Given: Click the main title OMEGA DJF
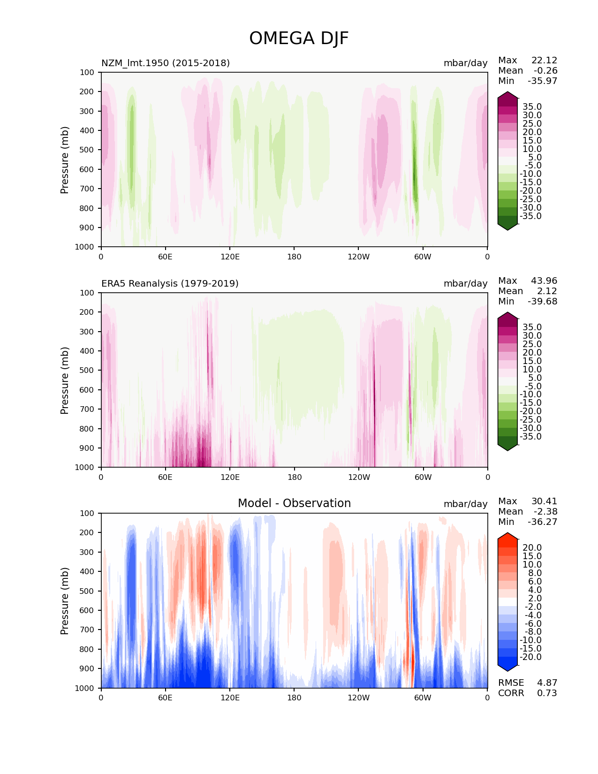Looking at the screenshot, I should coord(299,38).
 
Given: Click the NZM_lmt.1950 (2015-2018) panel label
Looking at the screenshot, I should coord(166,63).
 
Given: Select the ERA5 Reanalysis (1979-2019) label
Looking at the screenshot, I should coord(170,283).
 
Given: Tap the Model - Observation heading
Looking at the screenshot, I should coord(294,503).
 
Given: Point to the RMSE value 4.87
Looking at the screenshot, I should coord(547,683).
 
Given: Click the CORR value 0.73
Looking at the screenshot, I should coord(547,693).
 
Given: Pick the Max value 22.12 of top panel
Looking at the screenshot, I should coord(544,60).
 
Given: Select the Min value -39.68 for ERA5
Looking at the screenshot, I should coord(543,301).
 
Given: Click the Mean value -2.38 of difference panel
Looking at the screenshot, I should coord(545,511).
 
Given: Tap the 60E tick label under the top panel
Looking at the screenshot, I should coord(165,257).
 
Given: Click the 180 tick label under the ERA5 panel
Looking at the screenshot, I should coord(294,477).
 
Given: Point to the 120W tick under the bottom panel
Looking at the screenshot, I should coord(358,698).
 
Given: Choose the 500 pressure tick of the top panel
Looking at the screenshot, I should coord(87,150).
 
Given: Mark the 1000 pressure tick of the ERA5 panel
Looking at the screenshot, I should coord(85,467).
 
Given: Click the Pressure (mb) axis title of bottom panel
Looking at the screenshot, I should coord(65,600).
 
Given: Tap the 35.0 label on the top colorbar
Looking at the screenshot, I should coord(532,106).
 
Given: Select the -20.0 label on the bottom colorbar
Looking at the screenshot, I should coord(530,657).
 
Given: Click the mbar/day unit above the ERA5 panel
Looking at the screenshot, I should coord(465,283).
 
